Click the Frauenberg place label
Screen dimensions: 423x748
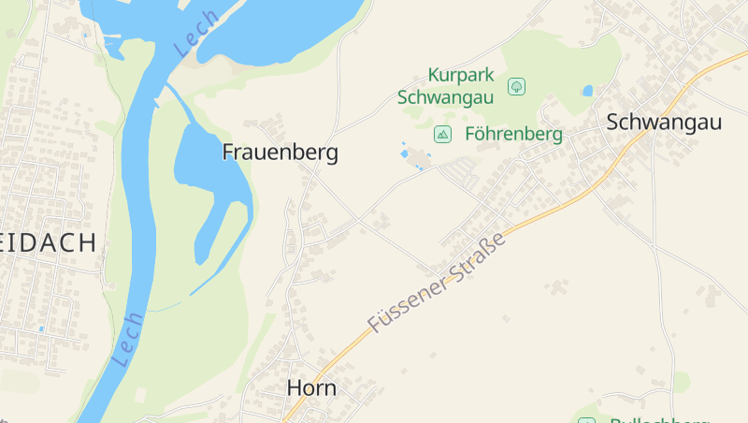(x=280, y=153)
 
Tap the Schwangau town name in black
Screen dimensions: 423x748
(x=664, y=122)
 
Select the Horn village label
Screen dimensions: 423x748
(x=311, y=387)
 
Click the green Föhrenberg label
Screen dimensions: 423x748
(x=513, y=135)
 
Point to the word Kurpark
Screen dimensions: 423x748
(x=460, y=75)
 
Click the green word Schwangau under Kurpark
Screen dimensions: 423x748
(x=446, y=96)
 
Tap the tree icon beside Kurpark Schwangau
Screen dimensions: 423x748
(x=516, y=87)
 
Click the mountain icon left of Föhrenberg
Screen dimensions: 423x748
(x=442, y=135)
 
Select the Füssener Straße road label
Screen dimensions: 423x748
(x=437, y=283)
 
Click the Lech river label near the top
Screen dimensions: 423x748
(x=196, y=34)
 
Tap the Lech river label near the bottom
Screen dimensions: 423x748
(x=127, y=339)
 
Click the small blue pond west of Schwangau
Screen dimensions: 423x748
(x=587, y=91)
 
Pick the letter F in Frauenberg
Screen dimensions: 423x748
(x=228, y=153)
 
